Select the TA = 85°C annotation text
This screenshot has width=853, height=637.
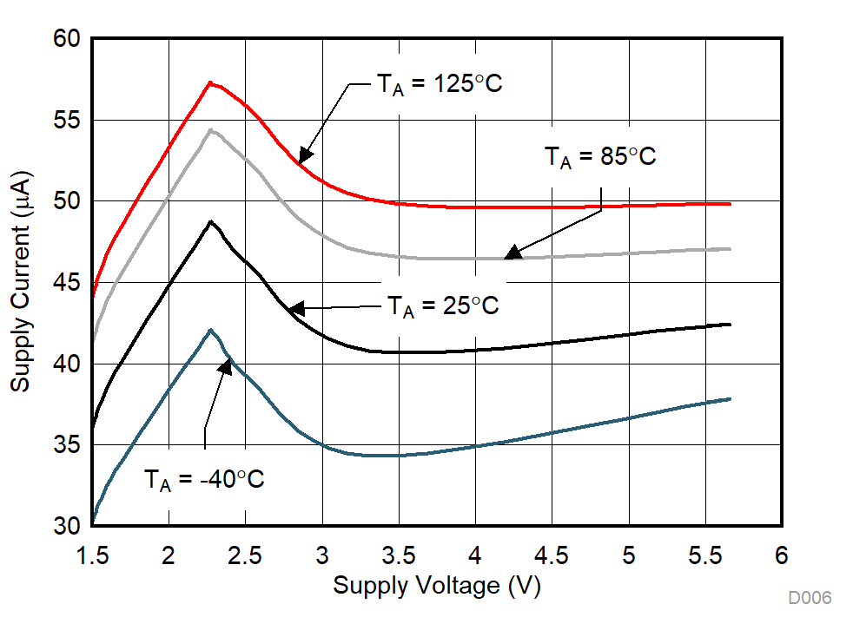(x=600, y=157)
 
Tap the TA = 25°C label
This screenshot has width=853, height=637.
(x=443, y=305)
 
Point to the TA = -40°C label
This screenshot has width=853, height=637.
(x=204, y=479)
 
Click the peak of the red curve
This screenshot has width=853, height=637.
(x=209, y=82)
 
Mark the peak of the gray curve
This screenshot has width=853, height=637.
(x=210, y=129)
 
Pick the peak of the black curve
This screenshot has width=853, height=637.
(x=210, y=221)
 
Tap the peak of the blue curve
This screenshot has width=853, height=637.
(x=210, y=330)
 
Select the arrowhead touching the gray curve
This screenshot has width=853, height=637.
(x=512, y=253)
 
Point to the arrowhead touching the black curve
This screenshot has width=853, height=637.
(x=296, y=308)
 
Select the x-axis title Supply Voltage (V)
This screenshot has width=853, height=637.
(x=436, y=586)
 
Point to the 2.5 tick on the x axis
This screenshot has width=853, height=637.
(x=245, y=555)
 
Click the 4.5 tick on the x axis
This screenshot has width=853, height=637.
(x=552, y=555)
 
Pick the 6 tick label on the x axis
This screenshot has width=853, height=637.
(x=782, y=555)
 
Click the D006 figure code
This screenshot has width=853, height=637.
(x=810, y=598)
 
